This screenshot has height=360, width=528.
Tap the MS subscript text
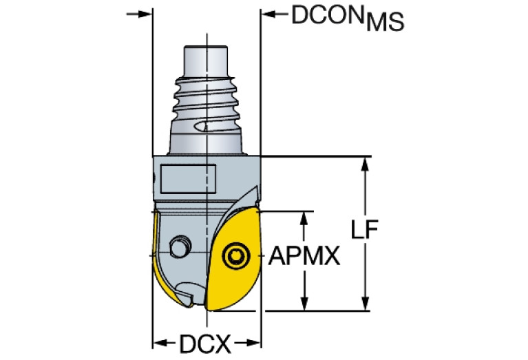[385, 25]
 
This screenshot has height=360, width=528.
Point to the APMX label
[304, 257]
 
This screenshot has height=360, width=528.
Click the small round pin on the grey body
[182, 246]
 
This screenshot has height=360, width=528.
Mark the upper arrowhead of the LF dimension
[364, 163]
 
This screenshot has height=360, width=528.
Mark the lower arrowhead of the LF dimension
[364, 304]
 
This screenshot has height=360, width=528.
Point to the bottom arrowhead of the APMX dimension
[303, 304]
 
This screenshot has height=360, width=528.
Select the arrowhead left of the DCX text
[158, 342]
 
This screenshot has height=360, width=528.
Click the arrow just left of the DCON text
[268, 14]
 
